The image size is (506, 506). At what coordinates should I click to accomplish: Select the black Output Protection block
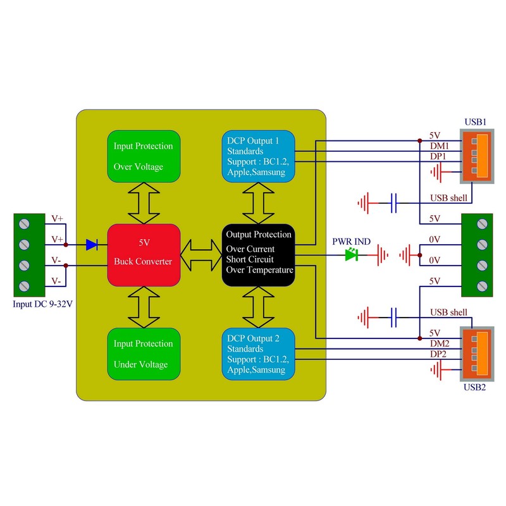[x=259, y=253]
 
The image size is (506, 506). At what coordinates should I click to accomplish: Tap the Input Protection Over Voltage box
[x=143, y=156]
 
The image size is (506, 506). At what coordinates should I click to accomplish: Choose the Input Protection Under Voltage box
[x=143, y=354]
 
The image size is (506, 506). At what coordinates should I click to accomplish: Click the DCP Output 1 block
[x=259, y=156]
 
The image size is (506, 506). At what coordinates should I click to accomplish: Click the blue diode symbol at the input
[x=92, y=244]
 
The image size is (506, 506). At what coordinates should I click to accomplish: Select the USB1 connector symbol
[x=478, y=156]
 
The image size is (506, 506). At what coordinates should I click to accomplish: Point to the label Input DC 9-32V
[x=42, y=304]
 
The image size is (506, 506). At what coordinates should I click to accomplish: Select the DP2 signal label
[x=439, y=354]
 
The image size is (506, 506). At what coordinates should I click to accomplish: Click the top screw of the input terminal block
[x=26, y=223]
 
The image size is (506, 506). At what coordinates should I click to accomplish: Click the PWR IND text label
[x=352, y=242]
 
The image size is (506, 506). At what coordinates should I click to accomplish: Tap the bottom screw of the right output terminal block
[x=484, y=285]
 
